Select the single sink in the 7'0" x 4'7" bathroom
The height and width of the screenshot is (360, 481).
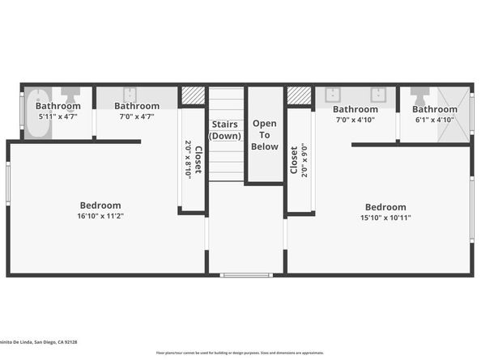pyautogui.click(x=130, y=94)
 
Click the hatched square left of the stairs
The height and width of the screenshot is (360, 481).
pyautogui.click(x=192, y=95)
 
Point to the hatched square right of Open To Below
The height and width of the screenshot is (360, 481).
pyautogui.click(x=299, y=95)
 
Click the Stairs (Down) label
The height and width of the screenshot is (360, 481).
pyautogui.click(x=224, y=130)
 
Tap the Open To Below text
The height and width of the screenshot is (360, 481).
pyautogui.click(x=265, y=135)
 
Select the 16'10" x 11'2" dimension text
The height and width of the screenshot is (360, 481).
pyautogui.click(x=101, y=216)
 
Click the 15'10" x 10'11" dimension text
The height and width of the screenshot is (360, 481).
pyautogui.click(x=385, y=218)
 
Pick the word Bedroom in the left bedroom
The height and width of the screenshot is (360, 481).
pyautogui.click(x=100, y=205)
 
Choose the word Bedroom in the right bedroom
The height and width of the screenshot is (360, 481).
pyautogui.click(x=385, y=207)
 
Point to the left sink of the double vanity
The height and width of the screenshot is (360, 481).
pyautogui.click(x=334, y=95)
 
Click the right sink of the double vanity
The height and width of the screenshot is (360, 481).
pyautogui.click(x=377, y=95)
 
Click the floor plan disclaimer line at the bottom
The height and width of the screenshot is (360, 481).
pyautogui.click(x=240, y=353)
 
